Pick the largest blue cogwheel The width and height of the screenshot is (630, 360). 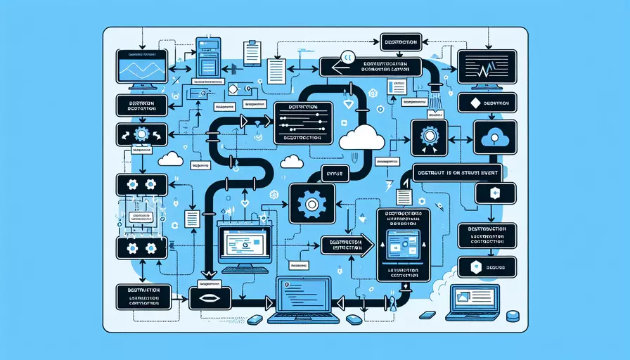pos(310,203)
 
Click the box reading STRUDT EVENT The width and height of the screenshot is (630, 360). pos(461,167)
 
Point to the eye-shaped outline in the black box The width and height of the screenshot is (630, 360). pos(210,298)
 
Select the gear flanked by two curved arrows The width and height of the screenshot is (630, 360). pos(142,134)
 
